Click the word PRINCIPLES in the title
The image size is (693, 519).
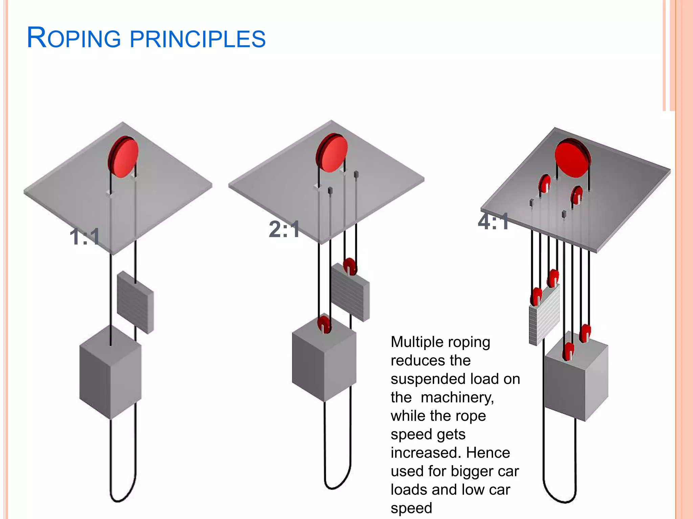pyautogui.click(x=198, y=39)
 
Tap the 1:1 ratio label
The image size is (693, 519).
pyautogui.click(x=85, y=237)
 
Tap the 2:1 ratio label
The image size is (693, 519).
pyautogui.click(x=284, y=229)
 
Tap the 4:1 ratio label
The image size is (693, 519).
pyautogui.click(x=493, y=222)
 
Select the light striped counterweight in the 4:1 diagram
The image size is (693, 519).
pyautogui.click(x=544, y=316)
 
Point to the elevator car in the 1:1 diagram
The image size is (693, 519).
pyautogui.click(x=110, y=372)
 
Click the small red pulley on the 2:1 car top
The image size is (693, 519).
pyautogui.click(x=324, y=324)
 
